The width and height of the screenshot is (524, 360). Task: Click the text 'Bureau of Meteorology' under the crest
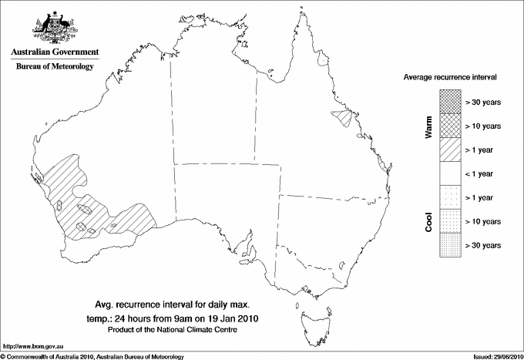55,67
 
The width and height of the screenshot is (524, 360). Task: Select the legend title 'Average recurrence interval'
451,78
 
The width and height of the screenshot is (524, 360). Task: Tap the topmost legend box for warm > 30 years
451,101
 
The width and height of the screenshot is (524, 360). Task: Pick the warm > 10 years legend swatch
451,125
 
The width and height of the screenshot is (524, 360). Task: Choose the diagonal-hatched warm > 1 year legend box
451,149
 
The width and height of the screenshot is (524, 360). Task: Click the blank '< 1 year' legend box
451,173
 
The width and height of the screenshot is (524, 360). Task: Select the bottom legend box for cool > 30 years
451,244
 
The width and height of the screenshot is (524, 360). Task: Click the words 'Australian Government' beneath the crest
55,52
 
